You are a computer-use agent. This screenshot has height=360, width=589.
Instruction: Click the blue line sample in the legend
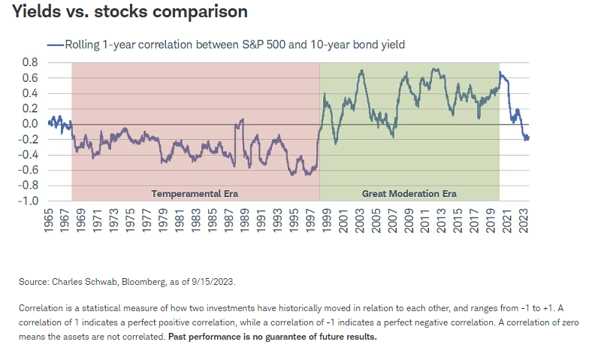[56, 44]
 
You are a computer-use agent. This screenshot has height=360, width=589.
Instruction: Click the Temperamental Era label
[195, 193]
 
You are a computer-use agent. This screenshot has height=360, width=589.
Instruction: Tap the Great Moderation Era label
[409, 193]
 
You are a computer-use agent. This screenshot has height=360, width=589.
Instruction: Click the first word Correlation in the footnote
[41, 308]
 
